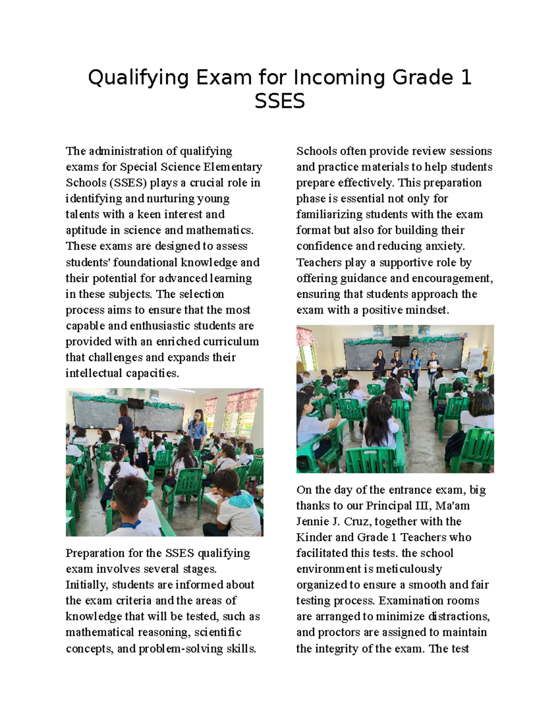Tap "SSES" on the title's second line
tap(280, 101)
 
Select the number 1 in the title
tap(465, 77)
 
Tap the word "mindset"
tap(426, 310)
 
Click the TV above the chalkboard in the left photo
tap(135, 403)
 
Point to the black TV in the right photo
tap(400, 340)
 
